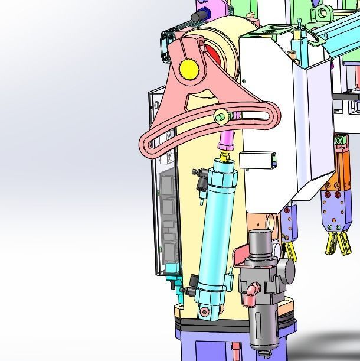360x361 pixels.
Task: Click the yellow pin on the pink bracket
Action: tap(189, 69)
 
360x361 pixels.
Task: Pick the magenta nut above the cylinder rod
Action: tap(225, 146)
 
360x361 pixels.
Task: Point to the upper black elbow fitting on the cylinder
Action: tap(201, 175)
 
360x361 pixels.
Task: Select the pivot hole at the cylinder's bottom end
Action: tap(204, 311)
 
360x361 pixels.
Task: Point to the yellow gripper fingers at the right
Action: tap(335, 242)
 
